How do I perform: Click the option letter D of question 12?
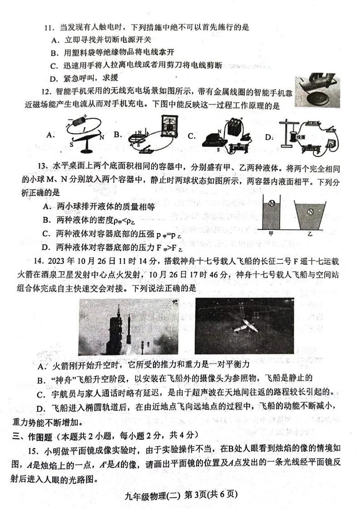[x=269, y=137]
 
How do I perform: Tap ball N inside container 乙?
[x=311, y=211]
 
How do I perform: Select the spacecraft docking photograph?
[x=244, y=326]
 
